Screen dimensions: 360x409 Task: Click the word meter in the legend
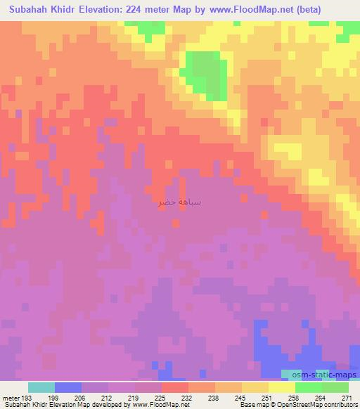pos(10,397)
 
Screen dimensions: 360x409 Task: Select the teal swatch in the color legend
pos(41,387)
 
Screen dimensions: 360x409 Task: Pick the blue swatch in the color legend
pos(68,387)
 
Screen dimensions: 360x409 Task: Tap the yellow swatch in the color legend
pos(281,387)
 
